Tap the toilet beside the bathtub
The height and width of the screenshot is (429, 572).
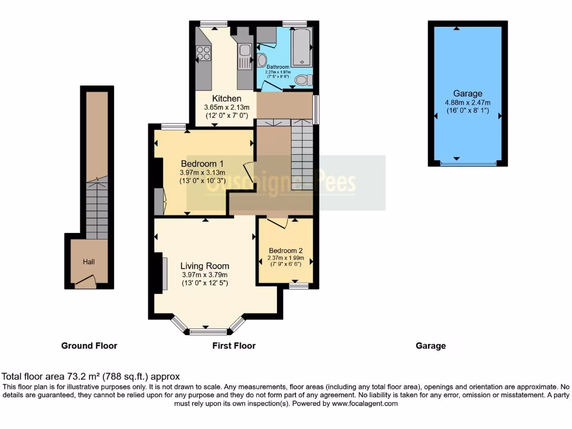303,80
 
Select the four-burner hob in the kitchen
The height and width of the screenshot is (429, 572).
204,53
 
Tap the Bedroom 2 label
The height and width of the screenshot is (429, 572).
285,250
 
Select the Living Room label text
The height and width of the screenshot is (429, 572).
205,266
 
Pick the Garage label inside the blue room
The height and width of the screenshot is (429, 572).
468,94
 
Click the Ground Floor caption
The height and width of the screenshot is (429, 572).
89,346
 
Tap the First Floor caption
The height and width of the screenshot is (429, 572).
233,346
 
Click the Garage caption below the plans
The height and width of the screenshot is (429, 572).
431,346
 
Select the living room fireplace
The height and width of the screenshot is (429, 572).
164,273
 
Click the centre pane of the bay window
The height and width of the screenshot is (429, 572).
205,332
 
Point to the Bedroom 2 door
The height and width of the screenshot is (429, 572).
278,222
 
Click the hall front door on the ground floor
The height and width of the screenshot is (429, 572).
85,283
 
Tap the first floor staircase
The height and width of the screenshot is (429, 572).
302,156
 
